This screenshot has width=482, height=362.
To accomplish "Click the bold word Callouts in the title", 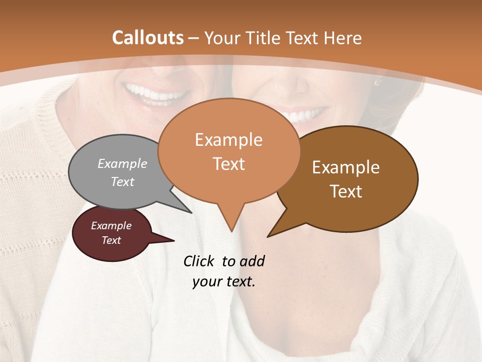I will (x=148, y=38).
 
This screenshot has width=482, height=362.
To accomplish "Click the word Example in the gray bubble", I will (x=122, y=163).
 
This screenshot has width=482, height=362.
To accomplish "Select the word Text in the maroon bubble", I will (x=111, y=240).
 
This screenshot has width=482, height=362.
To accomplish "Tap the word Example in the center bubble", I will (x=228, y=140).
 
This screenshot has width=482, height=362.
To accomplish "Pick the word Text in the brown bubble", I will (x=346, y=192).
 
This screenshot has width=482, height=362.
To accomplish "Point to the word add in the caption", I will (x=252, y=261).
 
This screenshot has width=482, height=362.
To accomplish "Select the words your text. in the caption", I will (x=224, y=282).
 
